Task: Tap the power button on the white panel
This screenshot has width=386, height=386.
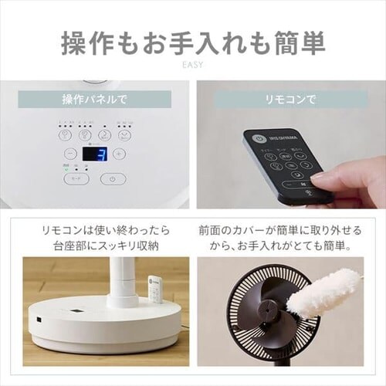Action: click(113, 178)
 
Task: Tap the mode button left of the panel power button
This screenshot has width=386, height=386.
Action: click(76, 178)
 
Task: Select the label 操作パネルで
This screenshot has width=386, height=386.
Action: click(95, 100)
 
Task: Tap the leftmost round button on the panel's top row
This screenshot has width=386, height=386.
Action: click(66, 134)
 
